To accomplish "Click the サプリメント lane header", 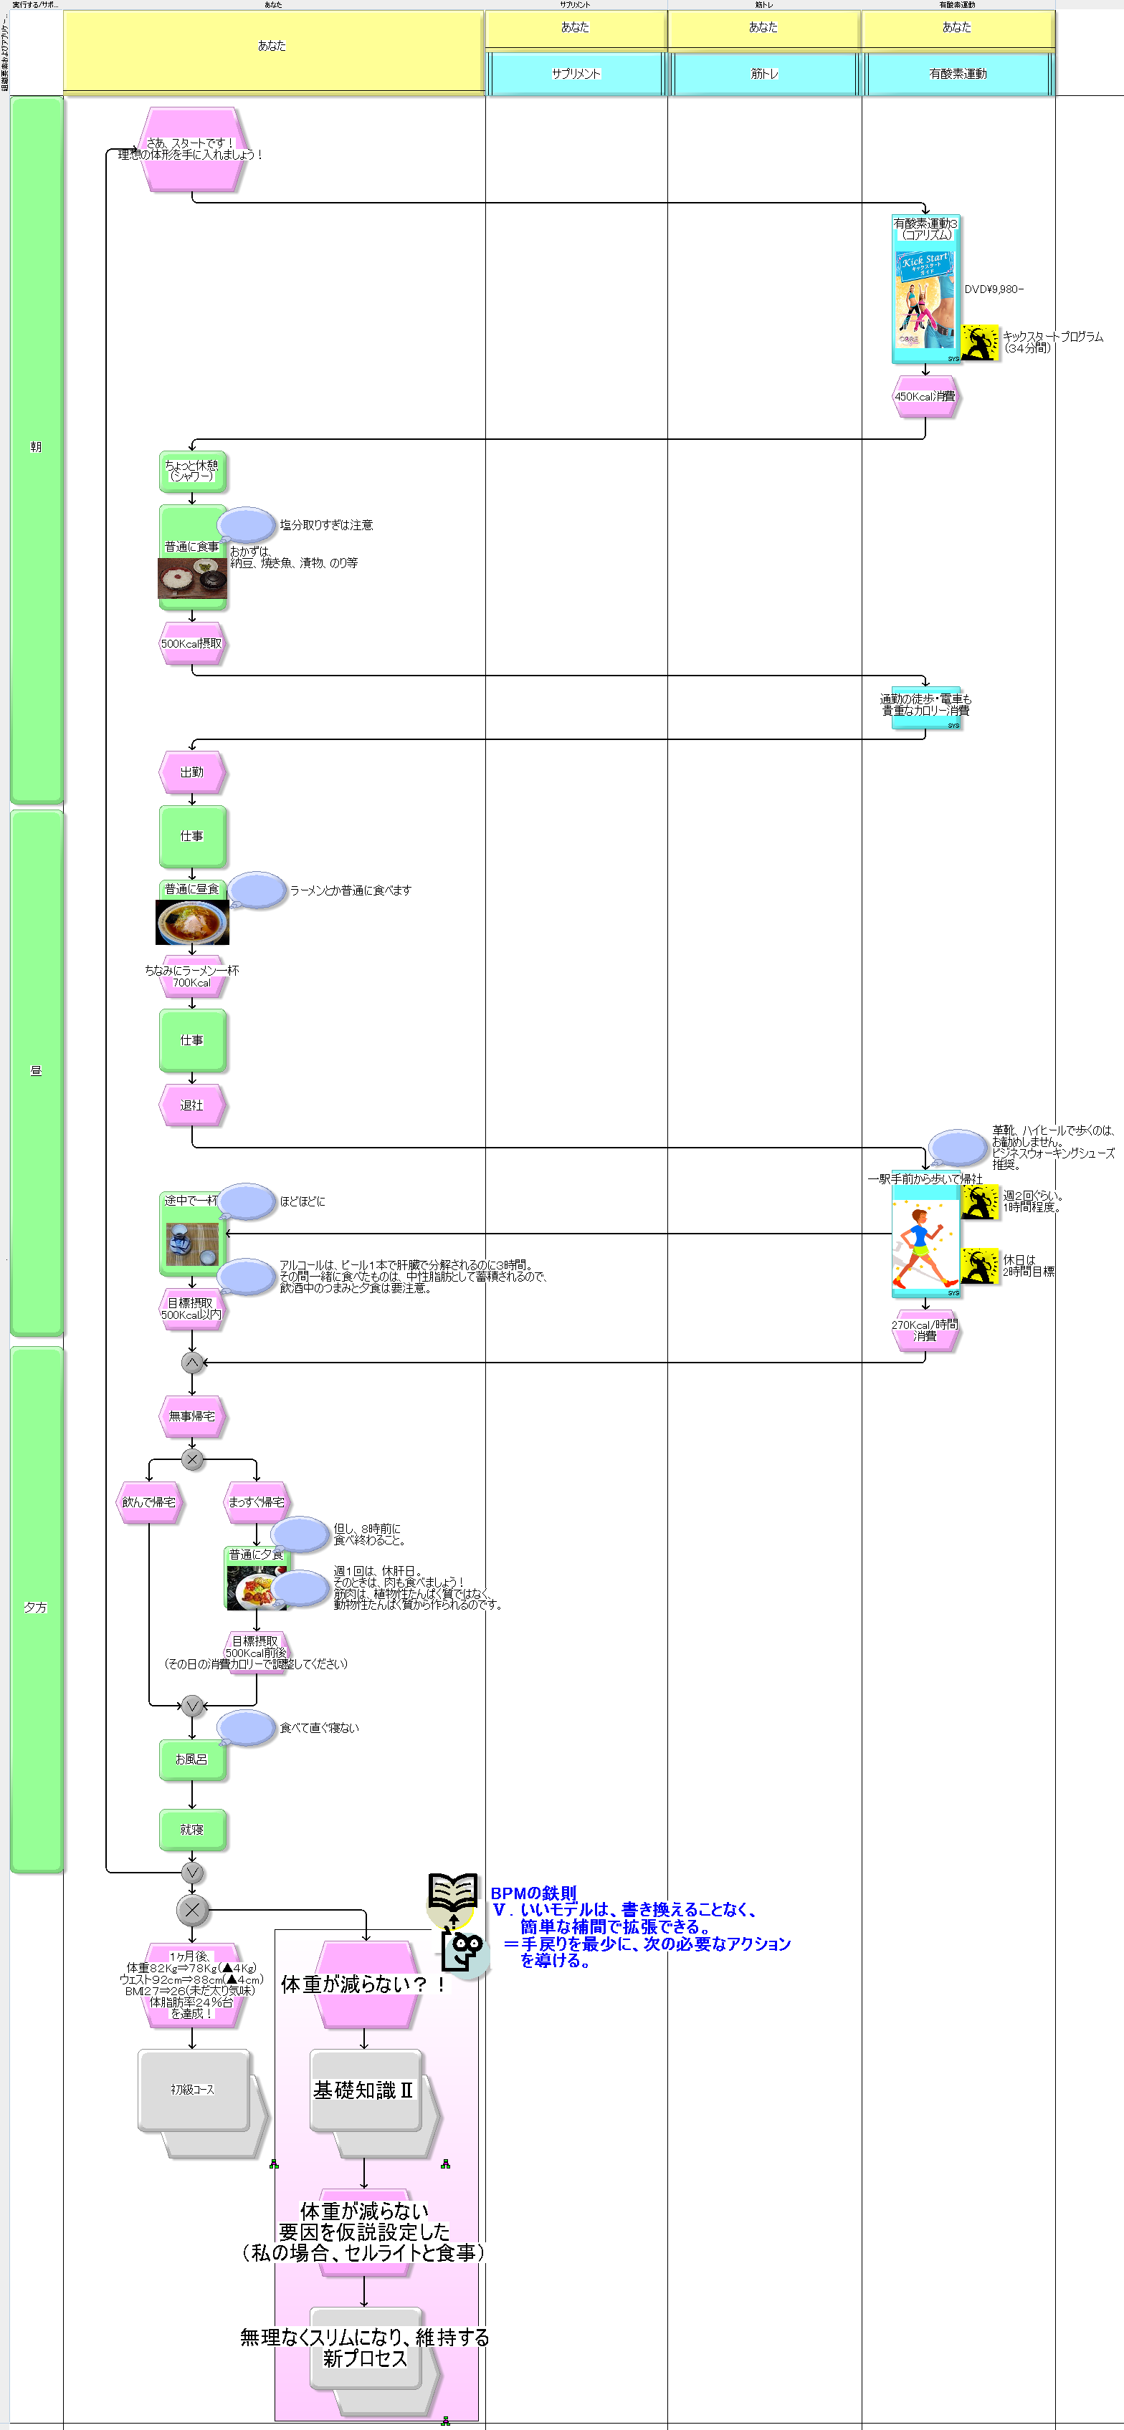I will pyautogui.click(x=576, y=74).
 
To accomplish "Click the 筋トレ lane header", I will pyautogui.click(x=763, y=74).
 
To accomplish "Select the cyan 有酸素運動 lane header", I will pyautogui.click(x=957, y=74).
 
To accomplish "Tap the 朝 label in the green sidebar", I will pyautogui.click(x=36, y=447).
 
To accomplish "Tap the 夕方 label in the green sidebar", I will pyautogui.click(x=36, y=1608).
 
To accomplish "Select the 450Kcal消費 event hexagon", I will pyautogui.click(x=925, y=397).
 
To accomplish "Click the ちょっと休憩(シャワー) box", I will pyautogui.click(x=191, y=471).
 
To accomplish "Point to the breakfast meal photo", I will pyautogui.click(x=191, y=577).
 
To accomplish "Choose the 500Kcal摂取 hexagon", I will pyautogui.click(x=191, y=643).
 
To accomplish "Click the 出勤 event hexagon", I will pyautogui.click(x=191, y=772).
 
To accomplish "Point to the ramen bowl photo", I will pyautogui.click(x=191, y=921).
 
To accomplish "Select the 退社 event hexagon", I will pyautogui.click(x=191, y=1105).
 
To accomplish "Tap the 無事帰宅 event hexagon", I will pyautogui.click(x=191, y=1416).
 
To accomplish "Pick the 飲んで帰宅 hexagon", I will pyautogui.click(x=148, y=1502).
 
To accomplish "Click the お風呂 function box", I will pyautogui.click(x=191, y=1759).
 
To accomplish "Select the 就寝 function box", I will pyautogui.click(x=191, y=1829).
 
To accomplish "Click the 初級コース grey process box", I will pyautogui.click(x=194, y=2090).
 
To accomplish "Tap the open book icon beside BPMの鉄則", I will pyautogui.click(x=452, y=1891).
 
